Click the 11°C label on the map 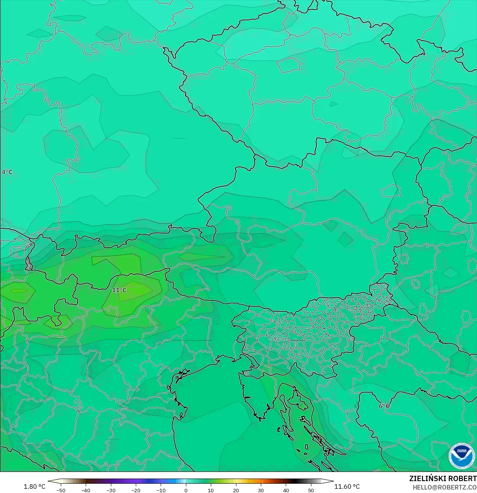coord(119,290)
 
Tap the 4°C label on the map coord(7,172)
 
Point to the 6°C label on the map coord(384,406)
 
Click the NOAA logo coord(461,456)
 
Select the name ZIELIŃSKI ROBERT coord(443,478)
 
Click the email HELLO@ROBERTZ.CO coord(444,487)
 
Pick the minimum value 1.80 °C coord(34,486)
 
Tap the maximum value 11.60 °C coord(347,486)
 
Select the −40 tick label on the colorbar coord(86,490)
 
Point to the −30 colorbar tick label coord(111,490)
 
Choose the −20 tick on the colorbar coord(136,490)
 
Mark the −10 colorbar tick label coord(161,490)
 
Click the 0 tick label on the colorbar coord(186,490)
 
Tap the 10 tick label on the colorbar coord(211,490)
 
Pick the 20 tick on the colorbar coord(236,490)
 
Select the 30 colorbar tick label coord(261,490)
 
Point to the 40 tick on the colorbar coord(286,490)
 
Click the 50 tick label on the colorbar coord(311,490)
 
